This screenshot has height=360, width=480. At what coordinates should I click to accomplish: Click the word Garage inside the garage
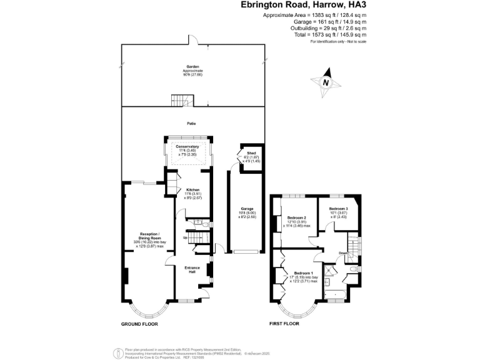click(247, 208)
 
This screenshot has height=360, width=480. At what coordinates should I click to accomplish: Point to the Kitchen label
click(192, 190)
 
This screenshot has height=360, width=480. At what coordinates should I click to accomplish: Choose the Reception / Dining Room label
click(150, 235)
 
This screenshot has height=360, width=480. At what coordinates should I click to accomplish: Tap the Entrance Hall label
click(192, 269)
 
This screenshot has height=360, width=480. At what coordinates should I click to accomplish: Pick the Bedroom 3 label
click(338, 208)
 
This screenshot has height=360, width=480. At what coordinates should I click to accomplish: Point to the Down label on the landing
click(343, 253)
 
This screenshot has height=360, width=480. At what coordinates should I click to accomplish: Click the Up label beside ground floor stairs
click(185, 238)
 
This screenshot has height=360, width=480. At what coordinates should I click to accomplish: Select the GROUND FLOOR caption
click(139, 324)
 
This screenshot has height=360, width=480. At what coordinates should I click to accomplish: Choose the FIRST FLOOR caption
click(284, 324)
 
